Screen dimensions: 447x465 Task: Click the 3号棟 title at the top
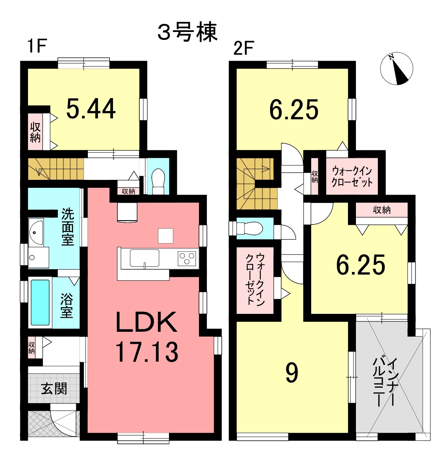click(187, 32)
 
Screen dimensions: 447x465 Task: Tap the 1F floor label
click(37, 47)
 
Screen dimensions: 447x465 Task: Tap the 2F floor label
click(243, 48)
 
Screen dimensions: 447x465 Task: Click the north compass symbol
click(397, 69)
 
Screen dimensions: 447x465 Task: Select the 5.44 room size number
click(91, 109)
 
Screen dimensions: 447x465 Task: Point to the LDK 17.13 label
click(147, 337)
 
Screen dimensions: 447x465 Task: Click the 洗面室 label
click(68, 227)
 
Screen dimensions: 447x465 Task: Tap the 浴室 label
click(67, 305)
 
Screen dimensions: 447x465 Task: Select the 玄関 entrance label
click(54, 388)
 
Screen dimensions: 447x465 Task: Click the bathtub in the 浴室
click(40, 302)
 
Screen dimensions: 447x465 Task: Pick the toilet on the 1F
click(158, 182)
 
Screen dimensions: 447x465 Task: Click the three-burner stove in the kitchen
click(187, 257)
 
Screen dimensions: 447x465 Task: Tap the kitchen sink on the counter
click(144, 258)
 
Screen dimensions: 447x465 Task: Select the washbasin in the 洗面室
click(36, 232)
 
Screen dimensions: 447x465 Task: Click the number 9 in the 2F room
click(292, 373)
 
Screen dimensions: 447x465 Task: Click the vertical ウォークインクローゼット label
click(255, 278)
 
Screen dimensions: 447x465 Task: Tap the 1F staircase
click(56, 169)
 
